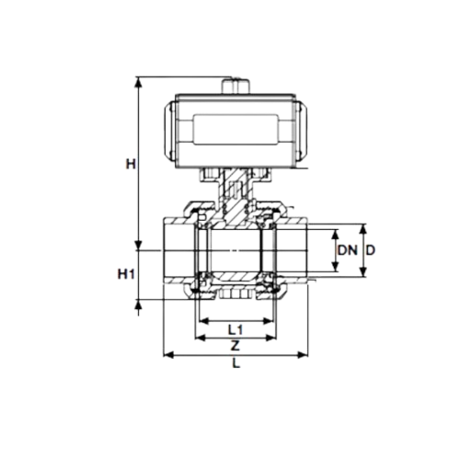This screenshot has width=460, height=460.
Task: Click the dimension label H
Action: [x=131, y=165]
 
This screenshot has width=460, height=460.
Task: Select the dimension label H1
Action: [x=126, y=274]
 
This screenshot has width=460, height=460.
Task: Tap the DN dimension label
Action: [x=348, y=250]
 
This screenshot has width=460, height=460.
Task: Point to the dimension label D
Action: [x=371, y=250]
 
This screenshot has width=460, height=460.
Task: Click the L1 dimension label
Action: [x=236, y=330]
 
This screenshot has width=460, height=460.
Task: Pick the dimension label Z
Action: [x=235, y=346]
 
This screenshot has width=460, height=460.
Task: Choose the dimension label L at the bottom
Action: [x=236, y=363]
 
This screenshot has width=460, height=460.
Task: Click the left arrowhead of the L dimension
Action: [x=168, y=355]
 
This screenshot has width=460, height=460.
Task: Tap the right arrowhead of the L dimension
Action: [x=303, y=355]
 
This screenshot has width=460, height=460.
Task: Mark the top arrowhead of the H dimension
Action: [x=139, y=82]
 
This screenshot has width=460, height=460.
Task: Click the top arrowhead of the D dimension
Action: [x=363, y=229]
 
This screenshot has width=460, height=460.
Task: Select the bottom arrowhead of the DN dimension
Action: [x=336, y=267]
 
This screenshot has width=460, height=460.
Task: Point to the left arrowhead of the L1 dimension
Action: [x=203, y=321]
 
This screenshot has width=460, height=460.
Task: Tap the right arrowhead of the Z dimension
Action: [x=271, y=338]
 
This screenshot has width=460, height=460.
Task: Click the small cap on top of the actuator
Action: [x=236, y=86]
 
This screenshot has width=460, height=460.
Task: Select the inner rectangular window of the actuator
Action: [x=236, y=130]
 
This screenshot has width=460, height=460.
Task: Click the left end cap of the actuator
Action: [x=169, y=132]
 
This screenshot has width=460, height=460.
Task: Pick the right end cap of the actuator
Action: [x=302, y=132]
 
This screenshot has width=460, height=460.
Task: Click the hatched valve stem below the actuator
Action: [x=236, y=196]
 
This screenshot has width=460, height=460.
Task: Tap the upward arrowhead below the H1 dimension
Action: [x=139, y=305]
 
